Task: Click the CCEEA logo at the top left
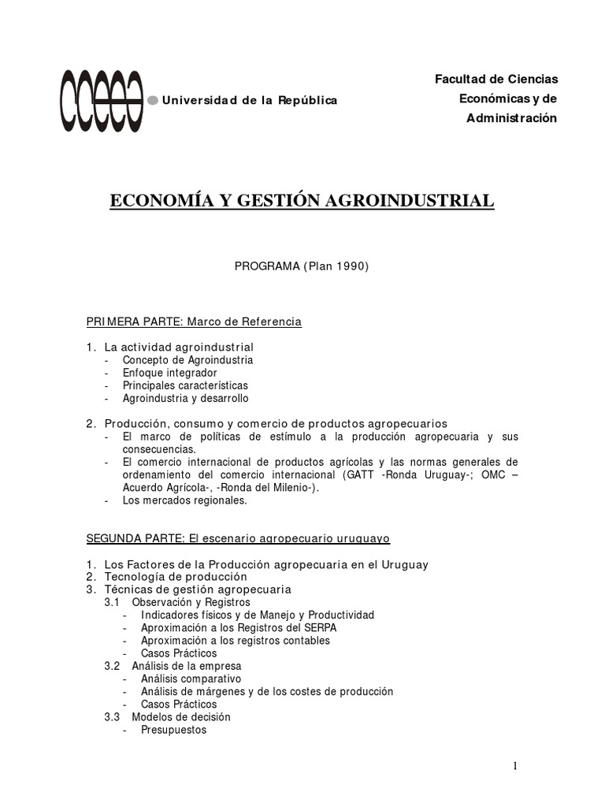102,100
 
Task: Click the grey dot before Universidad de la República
153,100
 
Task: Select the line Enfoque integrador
169,373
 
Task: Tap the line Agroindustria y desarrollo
185,399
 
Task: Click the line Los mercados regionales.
184,500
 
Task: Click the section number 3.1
112,603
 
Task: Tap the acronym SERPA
321,628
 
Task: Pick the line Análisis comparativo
191,679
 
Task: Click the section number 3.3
112,717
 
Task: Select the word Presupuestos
173,730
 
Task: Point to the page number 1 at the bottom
514,766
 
